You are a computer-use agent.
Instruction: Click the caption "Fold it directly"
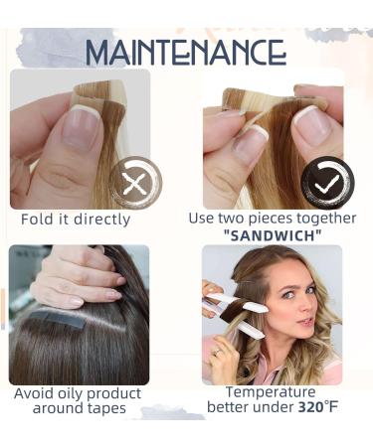pos(76,219)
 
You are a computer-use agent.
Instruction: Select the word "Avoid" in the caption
pos(36,393)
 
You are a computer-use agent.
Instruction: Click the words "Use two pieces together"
pos(272,219)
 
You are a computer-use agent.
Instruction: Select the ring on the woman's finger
pos(217,350)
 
